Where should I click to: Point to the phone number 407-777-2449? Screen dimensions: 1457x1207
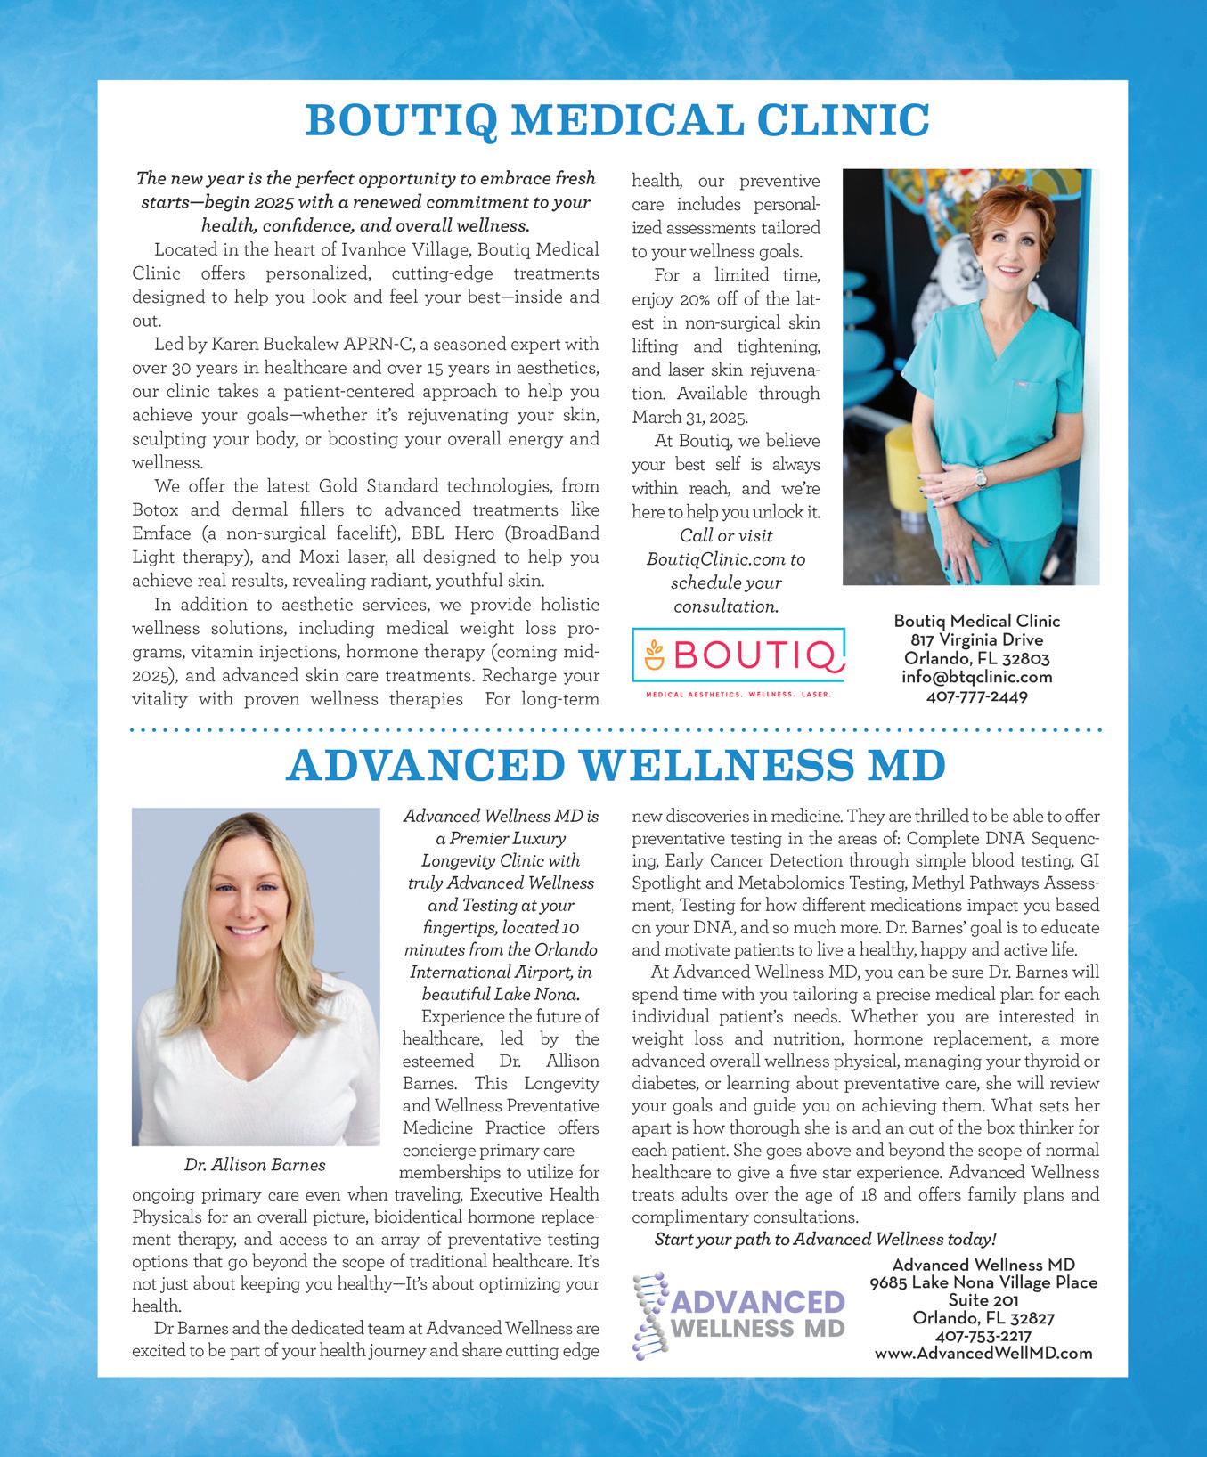point(977,696)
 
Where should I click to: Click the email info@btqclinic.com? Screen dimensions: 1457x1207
point(977,677)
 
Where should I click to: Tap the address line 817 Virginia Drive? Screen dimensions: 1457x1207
point(977,639)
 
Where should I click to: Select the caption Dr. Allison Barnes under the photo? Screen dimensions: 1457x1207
point(255,1164)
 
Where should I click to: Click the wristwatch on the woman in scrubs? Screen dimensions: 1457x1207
point(981,478)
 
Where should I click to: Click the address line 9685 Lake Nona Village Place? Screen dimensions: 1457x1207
point(983,1282)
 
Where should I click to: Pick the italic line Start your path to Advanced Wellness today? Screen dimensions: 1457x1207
point(825,1240)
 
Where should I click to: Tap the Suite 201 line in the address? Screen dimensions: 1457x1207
point(983,1300)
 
